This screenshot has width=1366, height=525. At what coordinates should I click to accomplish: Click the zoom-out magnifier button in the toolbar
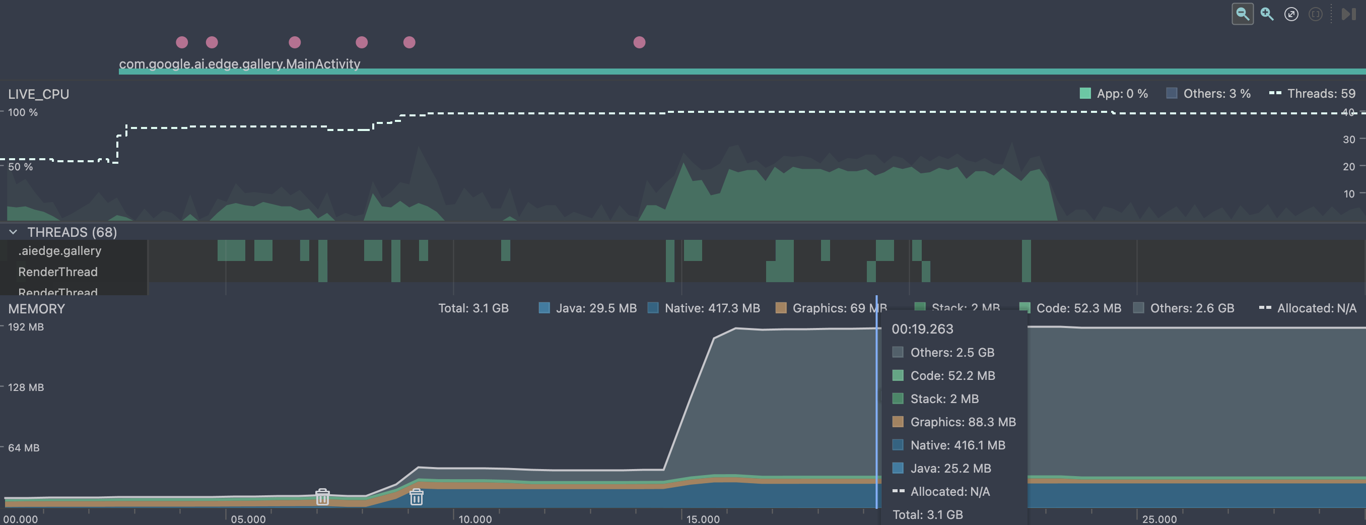(x=1242, y=14)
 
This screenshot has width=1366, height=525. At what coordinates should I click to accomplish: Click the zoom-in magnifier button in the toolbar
(x=1267, y=14)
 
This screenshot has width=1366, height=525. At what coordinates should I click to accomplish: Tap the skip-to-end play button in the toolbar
(x=1348, y=14)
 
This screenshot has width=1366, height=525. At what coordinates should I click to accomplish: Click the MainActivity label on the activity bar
(x=239, y=63)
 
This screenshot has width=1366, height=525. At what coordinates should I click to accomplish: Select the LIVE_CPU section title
(x=38, y=94)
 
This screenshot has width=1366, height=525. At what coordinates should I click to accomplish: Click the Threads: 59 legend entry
(x=1313, y=93)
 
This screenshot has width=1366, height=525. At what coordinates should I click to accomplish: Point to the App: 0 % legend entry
(x=1114, y=93)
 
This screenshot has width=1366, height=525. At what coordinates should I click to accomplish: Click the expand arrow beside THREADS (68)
(x=13, y=232)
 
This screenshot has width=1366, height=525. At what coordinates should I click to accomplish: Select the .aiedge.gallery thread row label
(x=59, y=250)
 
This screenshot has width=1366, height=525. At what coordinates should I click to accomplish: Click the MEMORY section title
(x=36, y=309)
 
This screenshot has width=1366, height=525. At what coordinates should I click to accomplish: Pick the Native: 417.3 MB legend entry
(x=704, y=308)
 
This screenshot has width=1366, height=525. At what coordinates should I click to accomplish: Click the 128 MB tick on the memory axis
(x=26, y=387)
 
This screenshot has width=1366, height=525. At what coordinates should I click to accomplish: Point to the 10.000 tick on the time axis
(x=474, y=518)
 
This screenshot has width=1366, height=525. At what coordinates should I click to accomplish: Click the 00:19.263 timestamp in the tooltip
(x=922, y=329)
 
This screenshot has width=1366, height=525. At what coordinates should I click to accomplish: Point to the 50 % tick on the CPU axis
(x=20, y=166)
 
